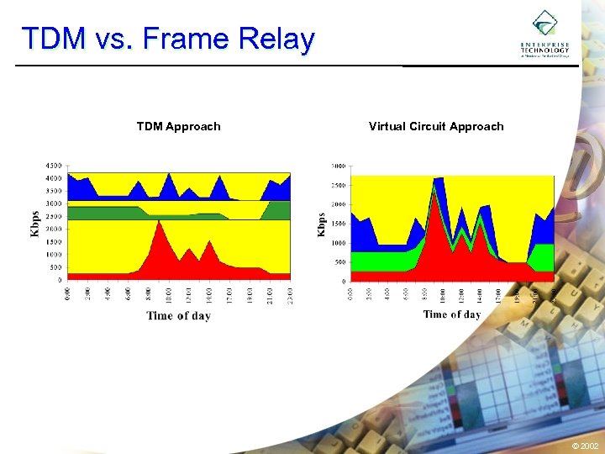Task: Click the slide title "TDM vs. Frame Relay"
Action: pyautogui.click(x=168, y=40)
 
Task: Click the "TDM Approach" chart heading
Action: pyautogui.click(x=178, y=127)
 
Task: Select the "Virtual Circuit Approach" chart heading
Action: pyautogui.click(x=436, y=127)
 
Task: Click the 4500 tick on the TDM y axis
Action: pyautogui.click(x=53, y=166)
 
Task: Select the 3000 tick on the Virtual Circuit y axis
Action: pyautogui.click(x=340, y=166)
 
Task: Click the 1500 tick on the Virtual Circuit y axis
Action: pyautogui.click(x=340, y=224)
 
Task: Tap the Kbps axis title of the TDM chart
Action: pyautogui.click(x=35, y=221)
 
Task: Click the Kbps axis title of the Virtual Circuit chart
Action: pyautogui.click(x=321, y=223)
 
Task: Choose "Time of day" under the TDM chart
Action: pyautogui.click(x=178, y=316)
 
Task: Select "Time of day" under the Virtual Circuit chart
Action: pyautogui.click(x=452, y=314)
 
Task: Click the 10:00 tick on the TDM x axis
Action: pyautogui.click(x=169, y=294)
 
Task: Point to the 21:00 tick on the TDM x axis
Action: pyautogui.click(x=270, y=294)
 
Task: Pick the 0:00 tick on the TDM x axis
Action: pyautogui.click(x=68, y=294)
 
